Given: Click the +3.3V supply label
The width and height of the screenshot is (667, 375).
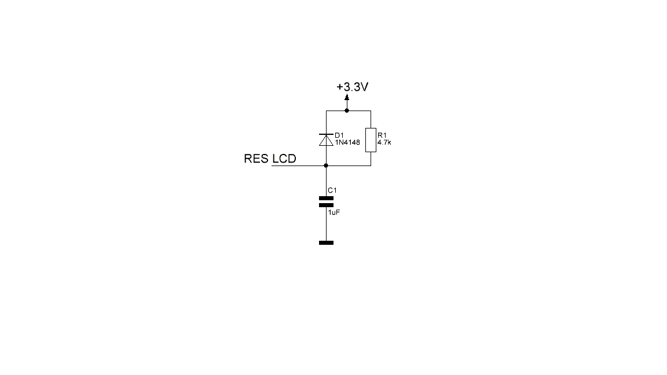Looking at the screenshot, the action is pyautogui.click(x=352, y=87).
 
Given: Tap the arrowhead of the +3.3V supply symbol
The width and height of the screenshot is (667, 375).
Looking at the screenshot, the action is pyautogui.click(x=347, y=97).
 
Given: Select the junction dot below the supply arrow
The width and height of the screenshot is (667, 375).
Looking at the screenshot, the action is pyautogui.click(x=347, y=111).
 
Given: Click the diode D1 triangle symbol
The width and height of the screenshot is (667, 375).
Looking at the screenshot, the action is pyautogui.click(x=327, y=141).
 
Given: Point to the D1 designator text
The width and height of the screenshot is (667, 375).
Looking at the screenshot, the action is pyautogui.click(x=339, y=135).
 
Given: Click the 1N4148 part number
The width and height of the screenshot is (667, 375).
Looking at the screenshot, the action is pyautogui.click(x=347, y=142).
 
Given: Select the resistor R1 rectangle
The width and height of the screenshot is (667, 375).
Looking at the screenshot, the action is pyautogui.click(x=371, y=140).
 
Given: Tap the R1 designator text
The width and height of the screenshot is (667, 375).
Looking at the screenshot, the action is pyautogui.click(x=382, y=135).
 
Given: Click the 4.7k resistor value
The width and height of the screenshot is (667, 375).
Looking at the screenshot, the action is pyautogui.click(x=384, y=142).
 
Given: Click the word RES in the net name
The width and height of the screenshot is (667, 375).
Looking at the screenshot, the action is pyautogui.click(x=256, y=159).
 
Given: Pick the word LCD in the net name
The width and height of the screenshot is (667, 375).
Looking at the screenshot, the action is pyautogui.click(x=284, y=159).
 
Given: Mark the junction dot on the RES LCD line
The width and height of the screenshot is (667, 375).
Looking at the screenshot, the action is pyautogui.click(x=327, y=166).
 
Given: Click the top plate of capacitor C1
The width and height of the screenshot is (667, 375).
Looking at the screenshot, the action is pyautogui.click(x=327, y=198).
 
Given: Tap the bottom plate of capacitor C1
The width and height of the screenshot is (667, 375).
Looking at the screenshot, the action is pyautogui.click(x=327, y=205).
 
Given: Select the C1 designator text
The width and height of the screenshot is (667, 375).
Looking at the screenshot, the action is pyautogui.click(x=332, y=190).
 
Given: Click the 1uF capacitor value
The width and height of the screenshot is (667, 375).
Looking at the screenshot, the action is pyautogui.click(x=334, y=212).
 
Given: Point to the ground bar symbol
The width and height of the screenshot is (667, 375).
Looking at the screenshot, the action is pyautogui.click(x=327, y=243).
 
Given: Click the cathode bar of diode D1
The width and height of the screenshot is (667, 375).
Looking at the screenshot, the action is pyautogui.click(x=327, y=134).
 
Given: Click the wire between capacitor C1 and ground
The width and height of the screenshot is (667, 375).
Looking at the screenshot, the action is pyautogui.click(x=327, y=223).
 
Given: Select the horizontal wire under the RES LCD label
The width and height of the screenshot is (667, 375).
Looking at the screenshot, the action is pyautogui.click(x=299, y=166).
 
